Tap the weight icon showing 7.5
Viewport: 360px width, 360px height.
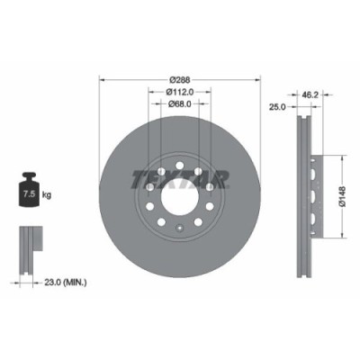click(x=27, y=191)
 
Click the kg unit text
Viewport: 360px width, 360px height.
click(x=46, y=193)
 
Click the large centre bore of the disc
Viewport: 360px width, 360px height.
click(x=180, y=192)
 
